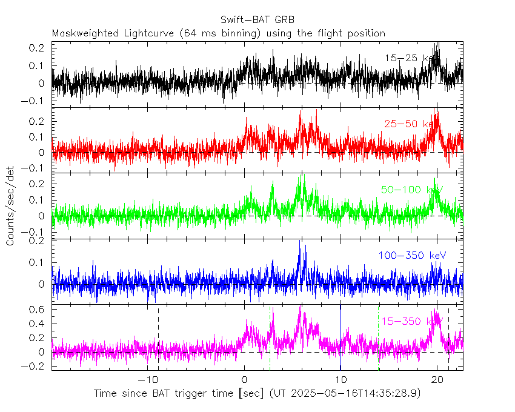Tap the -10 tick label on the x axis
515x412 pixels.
(147, 379)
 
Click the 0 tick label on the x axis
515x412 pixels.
(244, 379)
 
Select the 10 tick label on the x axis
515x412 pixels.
(341, 379)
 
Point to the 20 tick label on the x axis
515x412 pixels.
(437, 379)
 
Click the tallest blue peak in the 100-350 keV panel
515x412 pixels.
(299, 242)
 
